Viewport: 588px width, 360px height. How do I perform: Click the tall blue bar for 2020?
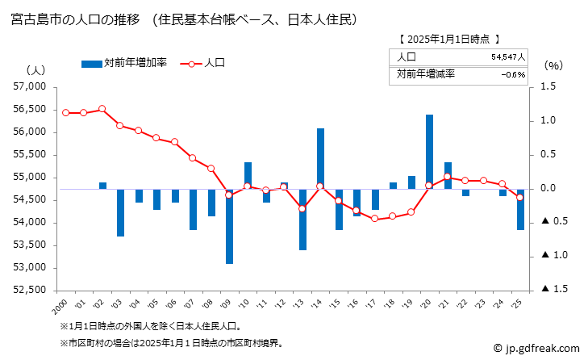(x=429, y=152)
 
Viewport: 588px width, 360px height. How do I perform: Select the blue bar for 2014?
(x=320, y=158)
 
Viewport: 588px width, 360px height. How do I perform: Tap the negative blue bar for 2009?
(x=229, y=226)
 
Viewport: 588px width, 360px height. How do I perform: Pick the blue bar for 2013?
(x=302, y=220)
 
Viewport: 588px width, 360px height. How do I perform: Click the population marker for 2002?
(x=102, y=109)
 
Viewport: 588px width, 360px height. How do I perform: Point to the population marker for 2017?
(x=374, y=219)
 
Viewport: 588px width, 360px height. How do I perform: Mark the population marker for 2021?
(x=448, y=177)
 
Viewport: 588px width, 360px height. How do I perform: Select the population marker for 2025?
(x=520, y=197)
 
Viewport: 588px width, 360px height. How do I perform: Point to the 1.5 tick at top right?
(x=548, y=87)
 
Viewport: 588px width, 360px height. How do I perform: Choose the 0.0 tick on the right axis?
(x=548, y=189)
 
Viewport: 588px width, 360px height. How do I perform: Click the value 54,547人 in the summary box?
(x=507, y=57)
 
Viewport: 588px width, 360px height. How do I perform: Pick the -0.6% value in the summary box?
(x=512, y=74)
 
